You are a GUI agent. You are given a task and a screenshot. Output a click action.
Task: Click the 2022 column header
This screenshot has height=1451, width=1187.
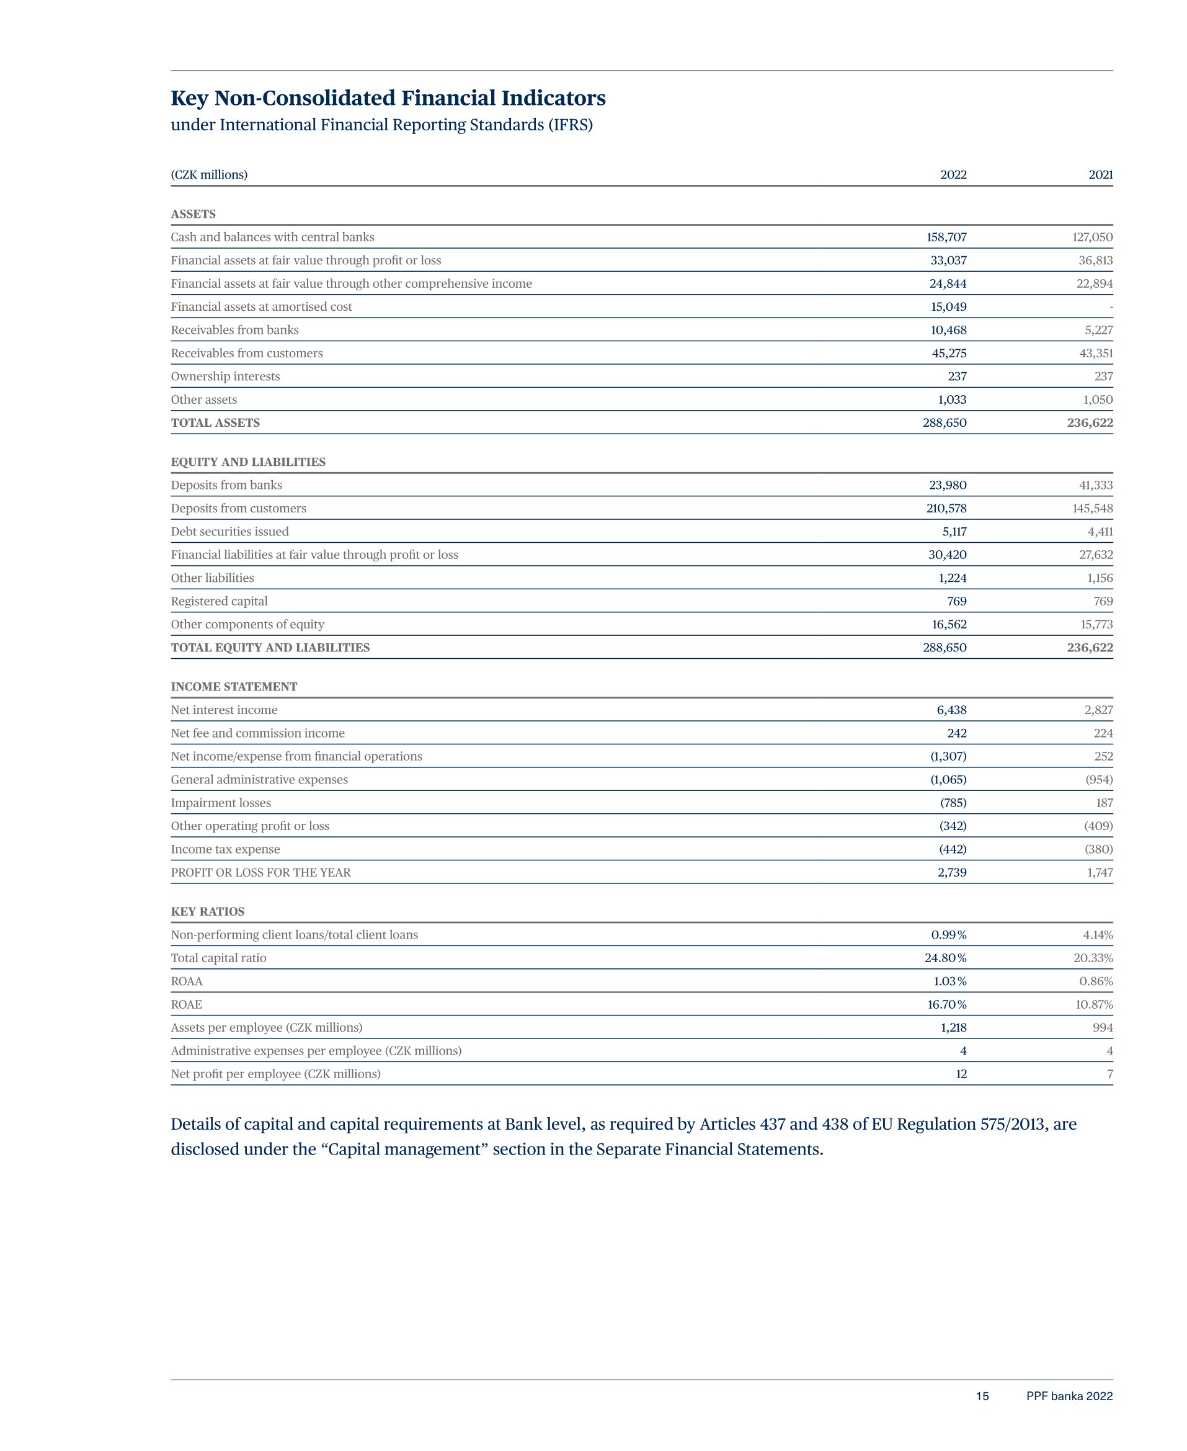tap(953, 175)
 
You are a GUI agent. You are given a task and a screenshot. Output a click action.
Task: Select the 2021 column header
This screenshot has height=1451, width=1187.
tap(1100, 175)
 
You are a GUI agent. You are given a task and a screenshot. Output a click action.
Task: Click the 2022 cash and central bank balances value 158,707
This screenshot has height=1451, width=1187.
tap(946, 237)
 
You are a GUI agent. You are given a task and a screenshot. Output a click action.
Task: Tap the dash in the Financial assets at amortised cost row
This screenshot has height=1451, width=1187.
tap(1111, 308)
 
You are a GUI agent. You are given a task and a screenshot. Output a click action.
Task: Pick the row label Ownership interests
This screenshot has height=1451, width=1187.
tap(225, 377)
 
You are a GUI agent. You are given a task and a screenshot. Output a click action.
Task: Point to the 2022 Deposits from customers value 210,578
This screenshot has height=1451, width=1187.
tap(946, 509)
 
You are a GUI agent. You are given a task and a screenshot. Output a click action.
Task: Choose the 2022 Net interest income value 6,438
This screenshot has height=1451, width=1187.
tap(951, 710)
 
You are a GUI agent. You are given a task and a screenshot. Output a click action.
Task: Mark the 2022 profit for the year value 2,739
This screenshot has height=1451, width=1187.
tap(952, 873)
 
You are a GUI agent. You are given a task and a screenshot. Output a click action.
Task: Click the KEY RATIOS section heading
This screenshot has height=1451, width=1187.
tap(207, 912)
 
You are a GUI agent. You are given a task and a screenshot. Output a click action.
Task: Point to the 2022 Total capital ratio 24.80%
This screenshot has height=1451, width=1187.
tap(945, 958)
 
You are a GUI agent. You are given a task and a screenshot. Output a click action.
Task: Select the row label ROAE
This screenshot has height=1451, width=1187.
tap(186, 1005)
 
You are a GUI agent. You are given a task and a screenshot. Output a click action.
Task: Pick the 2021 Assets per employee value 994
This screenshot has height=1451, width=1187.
tap(1102, 1029)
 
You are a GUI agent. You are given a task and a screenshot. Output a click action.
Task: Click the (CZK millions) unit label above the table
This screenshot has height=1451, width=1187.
tap(209, 175)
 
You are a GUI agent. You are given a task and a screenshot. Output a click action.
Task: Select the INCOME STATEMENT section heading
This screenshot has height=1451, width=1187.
tap(234, 687)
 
